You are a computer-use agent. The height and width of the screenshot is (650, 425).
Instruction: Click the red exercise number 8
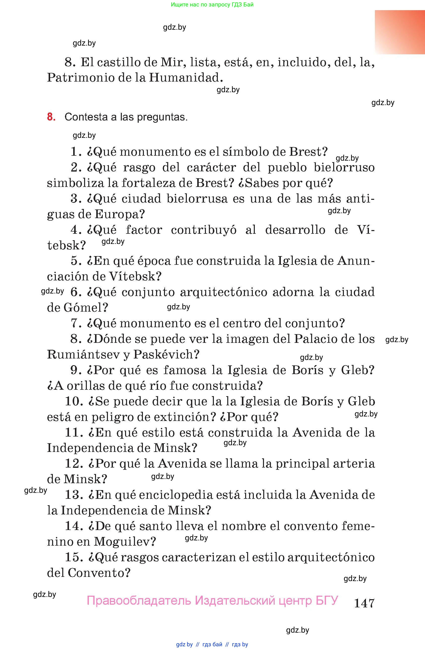click(x=51, y=117)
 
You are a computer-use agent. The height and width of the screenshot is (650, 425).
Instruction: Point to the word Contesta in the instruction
click(x=86, y=117)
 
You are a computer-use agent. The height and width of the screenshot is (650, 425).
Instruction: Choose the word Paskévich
click(x=163, y=355)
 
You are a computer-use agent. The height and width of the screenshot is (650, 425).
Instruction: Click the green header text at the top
click(x=212, y=5)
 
